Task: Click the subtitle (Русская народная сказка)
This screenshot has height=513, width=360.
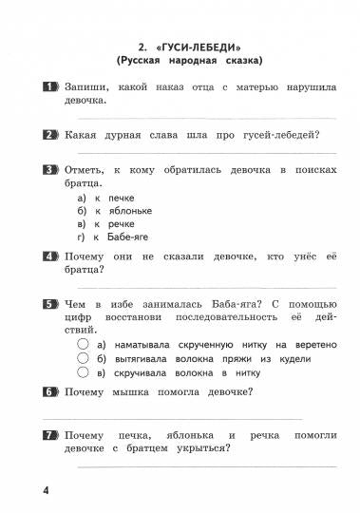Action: point(190,61)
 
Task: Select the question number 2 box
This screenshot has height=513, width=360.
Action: point(50,134)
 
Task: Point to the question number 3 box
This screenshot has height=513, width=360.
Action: point(50,169)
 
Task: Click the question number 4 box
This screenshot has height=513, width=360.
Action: point(50,256)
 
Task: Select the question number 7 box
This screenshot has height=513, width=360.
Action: point(50,434)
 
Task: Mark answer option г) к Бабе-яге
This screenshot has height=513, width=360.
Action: point(113,237)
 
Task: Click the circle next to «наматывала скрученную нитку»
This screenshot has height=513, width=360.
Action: point(84,344)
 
